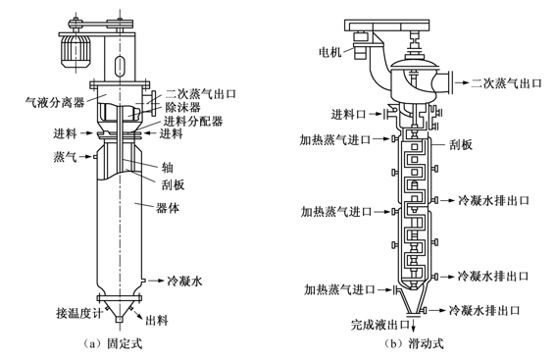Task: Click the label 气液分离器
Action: coord(55,102)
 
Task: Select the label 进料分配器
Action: coord(193,121)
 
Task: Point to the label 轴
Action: coord(168,167)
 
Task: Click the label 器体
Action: coord(168,208)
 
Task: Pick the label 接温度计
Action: coord(78,313)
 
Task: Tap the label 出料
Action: coord(157,321)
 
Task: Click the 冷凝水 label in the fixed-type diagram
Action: coord(184,282)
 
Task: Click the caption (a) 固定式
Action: coord(112,343)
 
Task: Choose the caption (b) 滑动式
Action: coord(414,343)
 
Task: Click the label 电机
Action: coord(329,52)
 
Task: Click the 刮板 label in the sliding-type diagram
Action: coord(461,144)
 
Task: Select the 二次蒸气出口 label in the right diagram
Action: coord(506,82)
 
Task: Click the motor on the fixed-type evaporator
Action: coord(76,52)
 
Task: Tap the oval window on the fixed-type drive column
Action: coord(120,66)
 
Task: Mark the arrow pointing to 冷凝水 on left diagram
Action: coord(155,281)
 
